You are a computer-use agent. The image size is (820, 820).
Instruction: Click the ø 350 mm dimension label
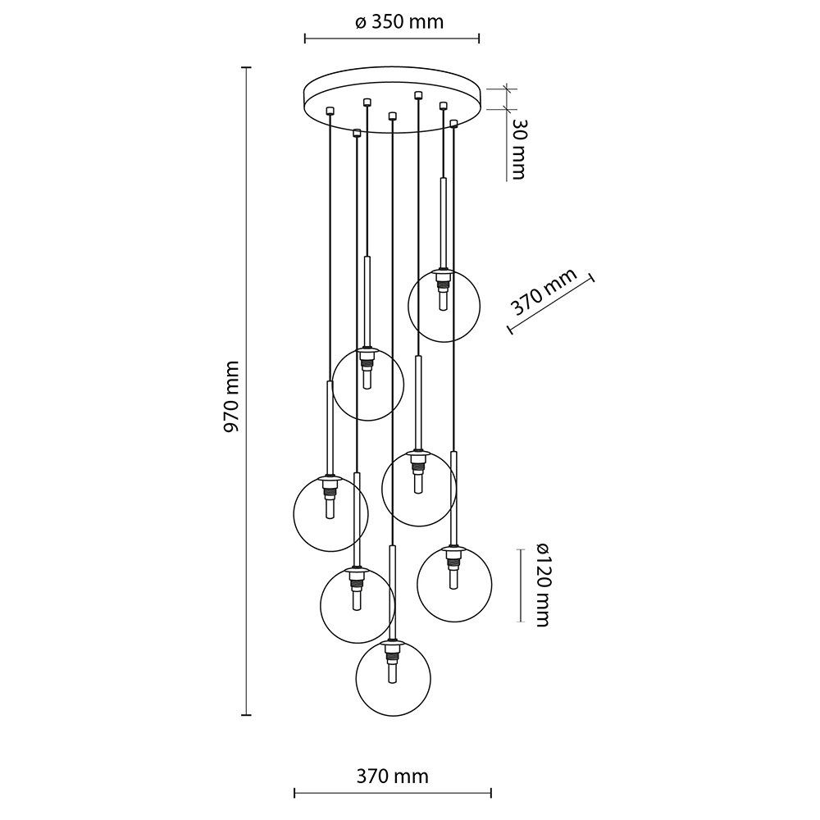(x=399, y=22)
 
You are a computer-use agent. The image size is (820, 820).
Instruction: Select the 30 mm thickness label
(x=516, y=148)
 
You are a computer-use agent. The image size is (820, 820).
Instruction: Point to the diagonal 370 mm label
(x=544, y=294)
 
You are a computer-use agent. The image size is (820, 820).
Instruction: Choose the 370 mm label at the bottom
(x=393, y=775)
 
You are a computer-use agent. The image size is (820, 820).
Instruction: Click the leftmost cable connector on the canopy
(x=330, y=110)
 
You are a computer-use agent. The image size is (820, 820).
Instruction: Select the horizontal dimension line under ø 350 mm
(x=392, y=38)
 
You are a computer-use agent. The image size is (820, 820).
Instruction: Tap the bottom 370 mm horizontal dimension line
(x=393, y=793)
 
